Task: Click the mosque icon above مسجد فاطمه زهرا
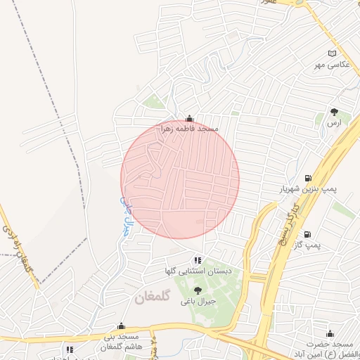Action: tap(188, 118)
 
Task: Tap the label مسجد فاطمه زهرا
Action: tap(190, 129)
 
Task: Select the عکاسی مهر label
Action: tap(329, 65)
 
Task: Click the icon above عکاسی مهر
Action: tap(333, 53)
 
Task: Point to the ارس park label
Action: tap(333, 122)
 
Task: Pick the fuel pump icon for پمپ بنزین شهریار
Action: tap(308, 178)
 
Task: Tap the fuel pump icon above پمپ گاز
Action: tap(309, 233)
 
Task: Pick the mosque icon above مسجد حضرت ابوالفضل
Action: tap(330, 332)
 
